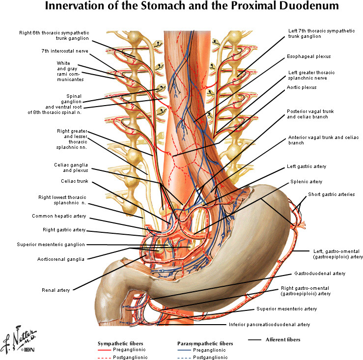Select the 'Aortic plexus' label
point(301,87)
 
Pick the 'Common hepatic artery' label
point(59,216)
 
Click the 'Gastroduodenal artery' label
point(320,273)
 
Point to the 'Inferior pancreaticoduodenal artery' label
point(269,325)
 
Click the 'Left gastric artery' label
point(307,166)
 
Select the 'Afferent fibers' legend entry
point(282,339)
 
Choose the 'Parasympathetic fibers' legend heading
point(205,343)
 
